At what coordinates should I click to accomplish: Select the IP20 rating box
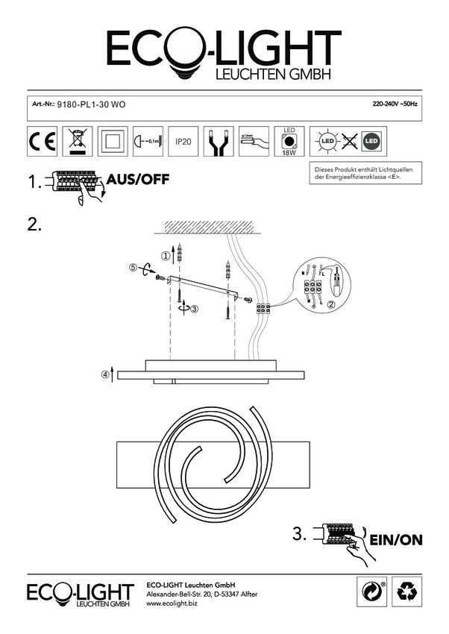tap(182, 140)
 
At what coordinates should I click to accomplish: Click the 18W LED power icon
tap(288, 141)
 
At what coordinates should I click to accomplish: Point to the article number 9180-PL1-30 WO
tap(91, 106)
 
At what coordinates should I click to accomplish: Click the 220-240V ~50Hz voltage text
tap(395, 105)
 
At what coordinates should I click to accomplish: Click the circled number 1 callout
tap(166, 255)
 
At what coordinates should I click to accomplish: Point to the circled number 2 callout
tap(330, 304)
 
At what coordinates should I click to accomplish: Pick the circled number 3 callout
tap(194, 307)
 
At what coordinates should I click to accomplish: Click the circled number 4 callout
tap(104, 374)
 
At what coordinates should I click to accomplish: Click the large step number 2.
tap(34, 224)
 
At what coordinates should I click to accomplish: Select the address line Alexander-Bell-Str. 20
tap(201, 594)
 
